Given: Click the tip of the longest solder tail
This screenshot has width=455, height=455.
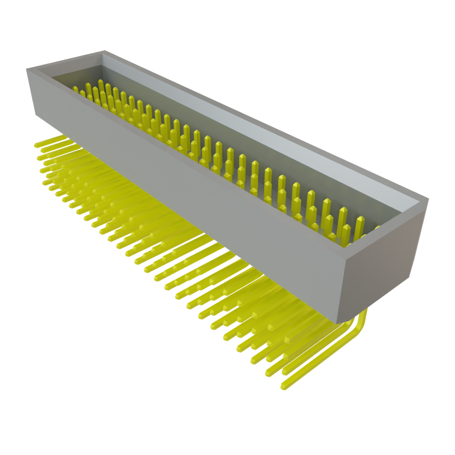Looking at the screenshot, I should pyautogui.click(x=283, y=387).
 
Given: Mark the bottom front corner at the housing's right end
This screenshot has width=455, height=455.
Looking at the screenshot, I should pyautogui.click(x=338, y=323).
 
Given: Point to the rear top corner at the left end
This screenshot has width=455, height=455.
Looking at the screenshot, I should pyautogui.click(x=104, y=50).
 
